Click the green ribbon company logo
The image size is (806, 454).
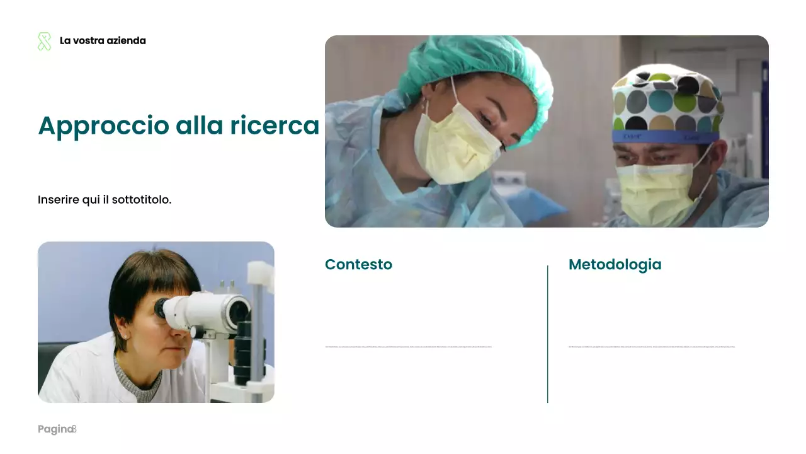pos(44,42)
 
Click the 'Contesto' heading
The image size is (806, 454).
pos(358,264)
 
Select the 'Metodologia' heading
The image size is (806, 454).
pos(615,264)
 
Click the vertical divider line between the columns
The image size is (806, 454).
pos(548,334)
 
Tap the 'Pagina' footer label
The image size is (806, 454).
pos(55,429)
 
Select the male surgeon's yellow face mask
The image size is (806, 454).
pos(658,192)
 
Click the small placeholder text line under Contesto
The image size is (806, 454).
pos(408,346)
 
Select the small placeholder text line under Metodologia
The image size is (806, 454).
pos(651,346)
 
